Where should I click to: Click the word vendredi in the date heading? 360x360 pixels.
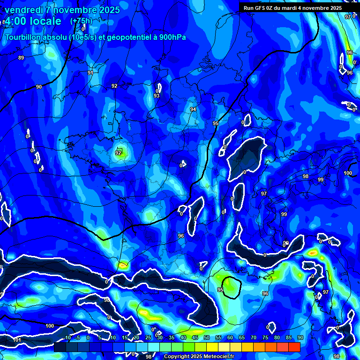(x=24, y=10)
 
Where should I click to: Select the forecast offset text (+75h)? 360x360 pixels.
(x=81, y=21)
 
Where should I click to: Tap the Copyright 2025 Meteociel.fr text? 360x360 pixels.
(x=199, y=357)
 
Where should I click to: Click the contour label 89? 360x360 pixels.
(x=21, y=58)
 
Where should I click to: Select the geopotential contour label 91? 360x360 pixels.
(x=90, y=73)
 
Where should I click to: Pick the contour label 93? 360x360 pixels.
(x=157, y=96)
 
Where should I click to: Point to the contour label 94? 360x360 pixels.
(x=193, y=109)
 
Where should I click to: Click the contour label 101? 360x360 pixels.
(x=17, y=340)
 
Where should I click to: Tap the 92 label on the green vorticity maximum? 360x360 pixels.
(x=118, y=153)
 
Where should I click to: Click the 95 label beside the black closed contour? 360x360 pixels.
(x=220, y=290)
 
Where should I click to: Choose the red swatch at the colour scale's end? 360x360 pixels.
(x=294, y=347)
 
